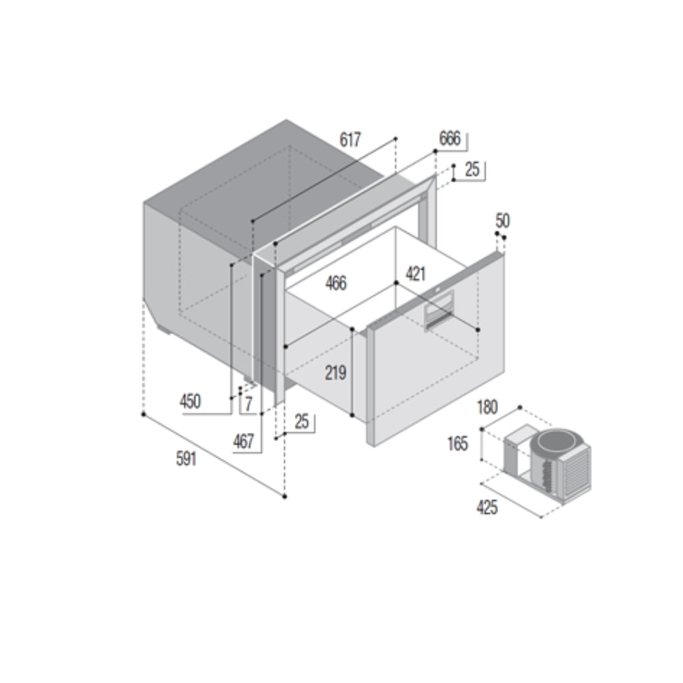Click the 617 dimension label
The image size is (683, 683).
[350, 140]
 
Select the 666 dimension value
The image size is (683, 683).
[449, 139]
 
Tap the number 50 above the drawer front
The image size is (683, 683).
[503, 221]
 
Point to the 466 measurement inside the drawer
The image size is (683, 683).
[335, 282]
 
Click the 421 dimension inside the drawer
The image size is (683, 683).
[415, 274]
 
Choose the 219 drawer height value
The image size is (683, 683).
[335, 374]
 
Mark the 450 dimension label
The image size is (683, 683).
[190, 402]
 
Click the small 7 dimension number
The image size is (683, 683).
[249, 403]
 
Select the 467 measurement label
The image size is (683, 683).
[243, 441]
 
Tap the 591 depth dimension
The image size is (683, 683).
[186, 459]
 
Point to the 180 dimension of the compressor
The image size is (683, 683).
[487, 408]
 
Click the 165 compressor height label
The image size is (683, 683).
[458, 444]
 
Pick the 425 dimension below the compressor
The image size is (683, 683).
[487, 507]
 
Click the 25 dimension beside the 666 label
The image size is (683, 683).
[472, 170]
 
